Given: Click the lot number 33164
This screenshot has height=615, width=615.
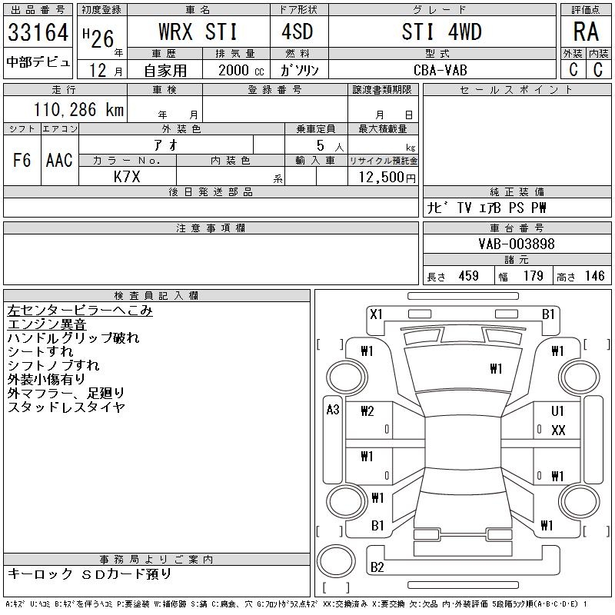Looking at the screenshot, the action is pos(38,32).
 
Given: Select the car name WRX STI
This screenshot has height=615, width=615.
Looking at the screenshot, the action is pos(198,32).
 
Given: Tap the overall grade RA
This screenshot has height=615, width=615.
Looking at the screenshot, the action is pos(586,32).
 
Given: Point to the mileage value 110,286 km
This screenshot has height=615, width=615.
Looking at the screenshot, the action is pos(79,109).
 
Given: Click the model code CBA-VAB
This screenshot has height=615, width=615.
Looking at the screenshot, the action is pos(440,70).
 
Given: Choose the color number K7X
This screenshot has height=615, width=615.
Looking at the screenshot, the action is pos(127,177).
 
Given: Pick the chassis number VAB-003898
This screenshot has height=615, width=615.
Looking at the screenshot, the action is pos(517,244).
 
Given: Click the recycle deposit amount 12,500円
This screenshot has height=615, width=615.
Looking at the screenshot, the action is pos(387,177).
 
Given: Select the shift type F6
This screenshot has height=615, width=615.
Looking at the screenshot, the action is pos(22,160).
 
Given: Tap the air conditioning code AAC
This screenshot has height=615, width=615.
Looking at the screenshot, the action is pos(59,160).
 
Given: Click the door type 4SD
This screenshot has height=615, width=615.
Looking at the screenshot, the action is pos(298,32).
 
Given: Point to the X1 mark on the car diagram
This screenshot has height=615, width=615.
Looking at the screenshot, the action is pos(376,314).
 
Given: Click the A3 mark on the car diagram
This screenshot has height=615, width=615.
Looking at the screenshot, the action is pos(333,410).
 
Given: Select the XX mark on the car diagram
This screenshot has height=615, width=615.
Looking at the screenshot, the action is pos(558,430).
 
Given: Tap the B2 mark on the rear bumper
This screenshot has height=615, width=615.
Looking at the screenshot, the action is pos(377,567).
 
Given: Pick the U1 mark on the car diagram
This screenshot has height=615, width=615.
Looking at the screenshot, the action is pos(557,411).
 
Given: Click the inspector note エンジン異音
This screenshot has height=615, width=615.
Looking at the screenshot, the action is pos(47,324).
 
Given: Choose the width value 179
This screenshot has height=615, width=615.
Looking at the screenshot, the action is pos(533,276).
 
